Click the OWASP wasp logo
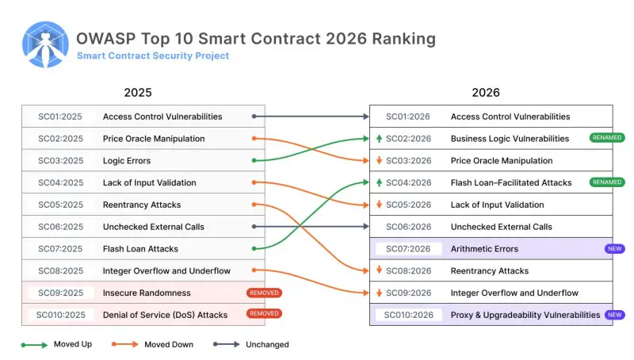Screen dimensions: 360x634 coord(45,45)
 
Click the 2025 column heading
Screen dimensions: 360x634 coord(138,93)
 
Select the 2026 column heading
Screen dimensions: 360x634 coord(486,93)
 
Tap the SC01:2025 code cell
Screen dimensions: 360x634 coord(60,117)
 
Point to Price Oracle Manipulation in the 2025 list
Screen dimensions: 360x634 coord(154,139)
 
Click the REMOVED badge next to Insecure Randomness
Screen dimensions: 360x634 coord(264,293)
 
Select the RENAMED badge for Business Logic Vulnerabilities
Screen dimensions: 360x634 coord(606,138)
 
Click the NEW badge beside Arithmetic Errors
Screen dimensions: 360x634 coord(614,249)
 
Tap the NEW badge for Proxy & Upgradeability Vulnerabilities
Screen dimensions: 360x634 coord(614,315)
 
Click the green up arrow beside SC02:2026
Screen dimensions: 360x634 coord(380,139)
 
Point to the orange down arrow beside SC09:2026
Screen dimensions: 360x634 coord(380,293)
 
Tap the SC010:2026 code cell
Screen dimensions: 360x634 coord(407,315)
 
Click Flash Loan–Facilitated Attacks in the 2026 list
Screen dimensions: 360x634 coord(511,182)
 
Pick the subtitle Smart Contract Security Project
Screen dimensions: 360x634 coord(153,56)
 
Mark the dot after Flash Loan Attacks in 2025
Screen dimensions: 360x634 coord(253,249)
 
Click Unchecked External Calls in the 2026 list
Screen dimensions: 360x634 coord(502,227)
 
